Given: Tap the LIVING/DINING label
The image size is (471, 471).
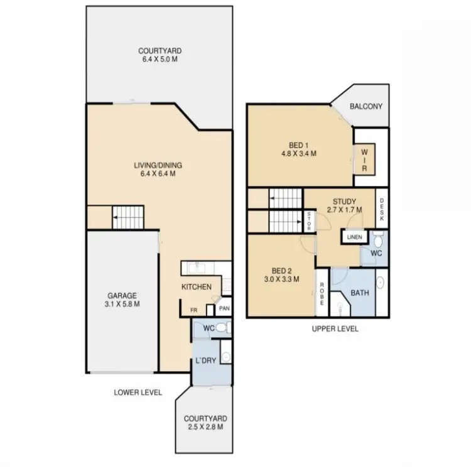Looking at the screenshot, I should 158,166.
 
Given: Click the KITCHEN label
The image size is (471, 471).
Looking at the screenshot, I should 197,287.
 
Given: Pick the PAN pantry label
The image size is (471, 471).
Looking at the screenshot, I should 224,309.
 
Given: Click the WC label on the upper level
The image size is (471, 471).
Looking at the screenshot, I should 376,254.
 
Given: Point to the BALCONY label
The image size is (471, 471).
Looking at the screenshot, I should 366,107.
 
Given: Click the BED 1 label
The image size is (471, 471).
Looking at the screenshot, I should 298,145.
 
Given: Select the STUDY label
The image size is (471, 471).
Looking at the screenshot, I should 344,202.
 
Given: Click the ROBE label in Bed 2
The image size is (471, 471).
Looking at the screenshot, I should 322,293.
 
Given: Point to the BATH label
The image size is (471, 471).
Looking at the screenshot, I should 360,293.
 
